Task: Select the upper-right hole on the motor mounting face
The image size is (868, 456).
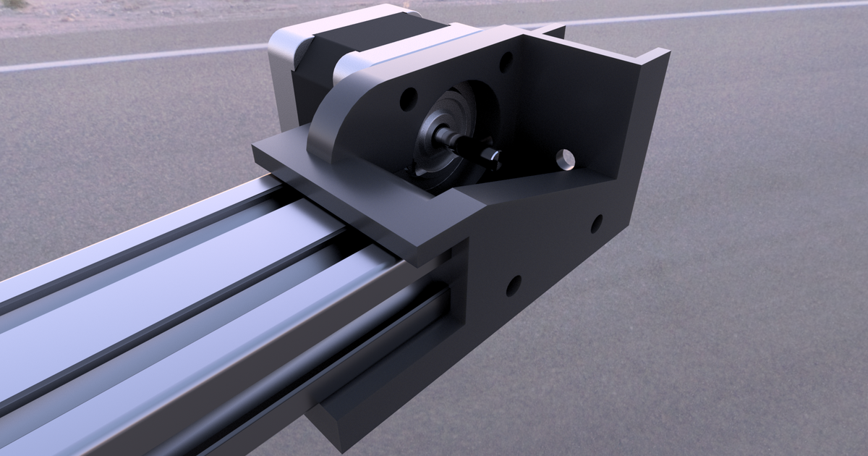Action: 506,62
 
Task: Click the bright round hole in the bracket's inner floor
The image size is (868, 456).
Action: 565,158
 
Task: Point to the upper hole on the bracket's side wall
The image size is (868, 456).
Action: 597,224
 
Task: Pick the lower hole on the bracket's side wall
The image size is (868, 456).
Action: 514,286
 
